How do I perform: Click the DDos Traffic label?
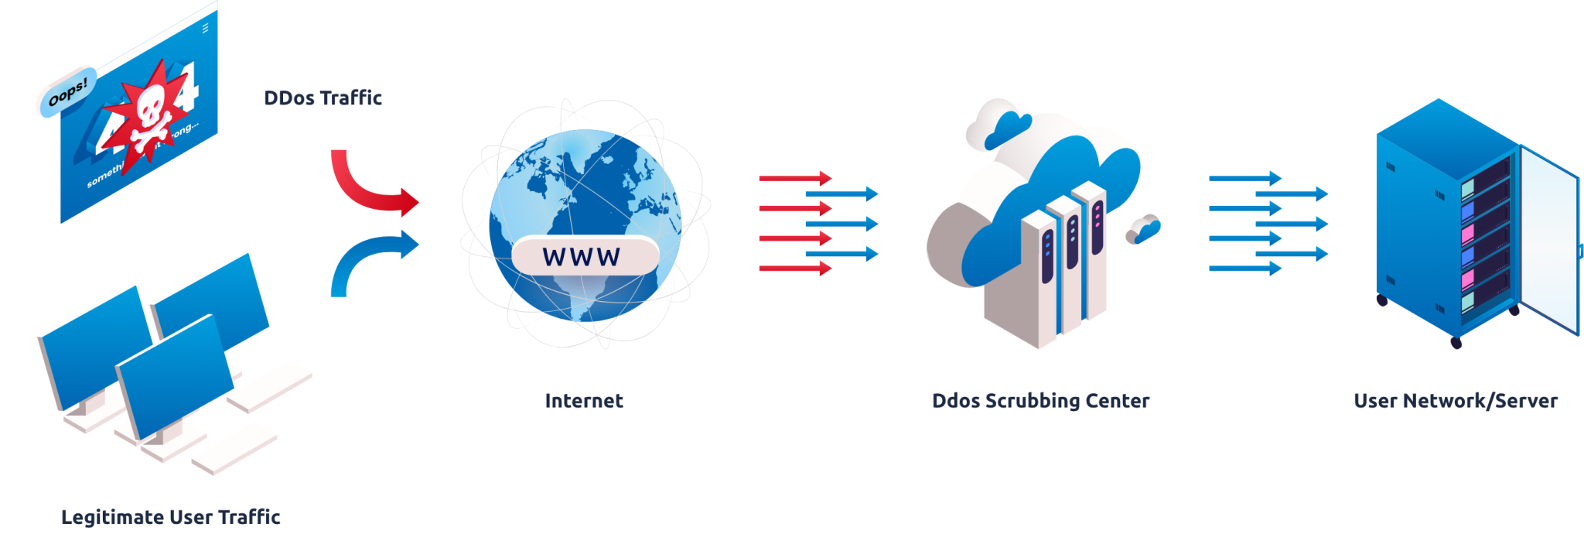324,98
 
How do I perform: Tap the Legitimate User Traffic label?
171,516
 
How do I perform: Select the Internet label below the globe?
584,400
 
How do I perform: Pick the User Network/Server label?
1456,400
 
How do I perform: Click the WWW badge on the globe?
582,256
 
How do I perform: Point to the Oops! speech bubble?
67,92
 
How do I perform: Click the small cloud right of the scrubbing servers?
1143,228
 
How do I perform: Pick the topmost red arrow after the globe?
795,178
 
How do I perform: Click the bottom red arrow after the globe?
795,269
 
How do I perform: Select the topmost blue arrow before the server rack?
1245,179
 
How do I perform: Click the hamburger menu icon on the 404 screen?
205,28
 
